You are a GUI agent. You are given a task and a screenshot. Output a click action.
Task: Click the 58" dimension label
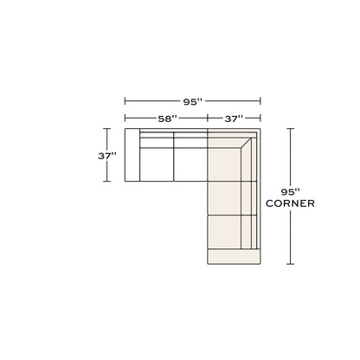tap(167, 119)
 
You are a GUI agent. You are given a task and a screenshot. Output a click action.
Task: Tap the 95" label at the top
tap(193, 101)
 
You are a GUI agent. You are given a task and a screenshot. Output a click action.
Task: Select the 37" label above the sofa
tap(234, 119)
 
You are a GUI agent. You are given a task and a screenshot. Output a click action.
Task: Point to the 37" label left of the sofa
tap(107, 156)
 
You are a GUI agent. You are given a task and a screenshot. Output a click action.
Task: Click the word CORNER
tap(290, 203)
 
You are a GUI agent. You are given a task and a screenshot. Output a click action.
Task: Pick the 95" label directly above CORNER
tap(290, 191)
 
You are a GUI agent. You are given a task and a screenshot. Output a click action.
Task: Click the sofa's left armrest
tap(132, 155)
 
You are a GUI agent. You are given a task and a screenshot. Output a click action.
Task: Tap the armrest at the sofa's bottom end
tap(234, 256)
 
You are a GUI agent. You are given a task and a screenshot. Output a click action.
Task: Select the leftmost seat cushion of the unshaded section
tap(157, 164)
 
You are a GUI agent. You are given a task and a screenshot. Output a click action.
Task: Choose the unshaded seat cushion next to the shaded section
tap(190, 164)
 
